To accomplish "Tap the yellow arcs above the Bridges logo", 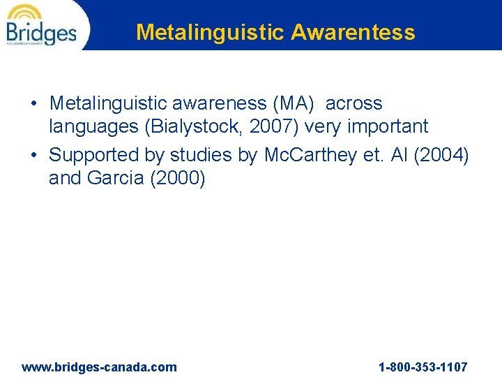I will pyautogui.click(x=25, y=12).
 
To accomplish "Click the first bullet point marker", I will pyautogui.click(x=34, y=104).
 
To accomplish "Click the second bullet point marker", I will pyautogui.click(x=34, y=156).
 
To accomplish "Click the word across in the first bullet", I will pyautogui.click(x=354, y=103).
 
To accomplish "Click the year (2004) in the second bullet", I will pyautogui.click(x=441, y=155).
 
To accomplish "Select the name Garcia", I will pyautogui.click(x=116, y=179).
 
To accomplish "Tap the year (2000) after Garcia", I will pyautogui.click(x=178, y=179).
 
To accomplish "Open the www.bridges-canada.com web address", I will pyautogui.click(x=100, y=367).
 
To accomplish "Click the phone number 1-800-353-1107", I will pyautogui.click(x=423, y=367).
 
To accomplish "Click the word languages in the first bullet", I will pyautogui.click(x=92, y=126).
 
